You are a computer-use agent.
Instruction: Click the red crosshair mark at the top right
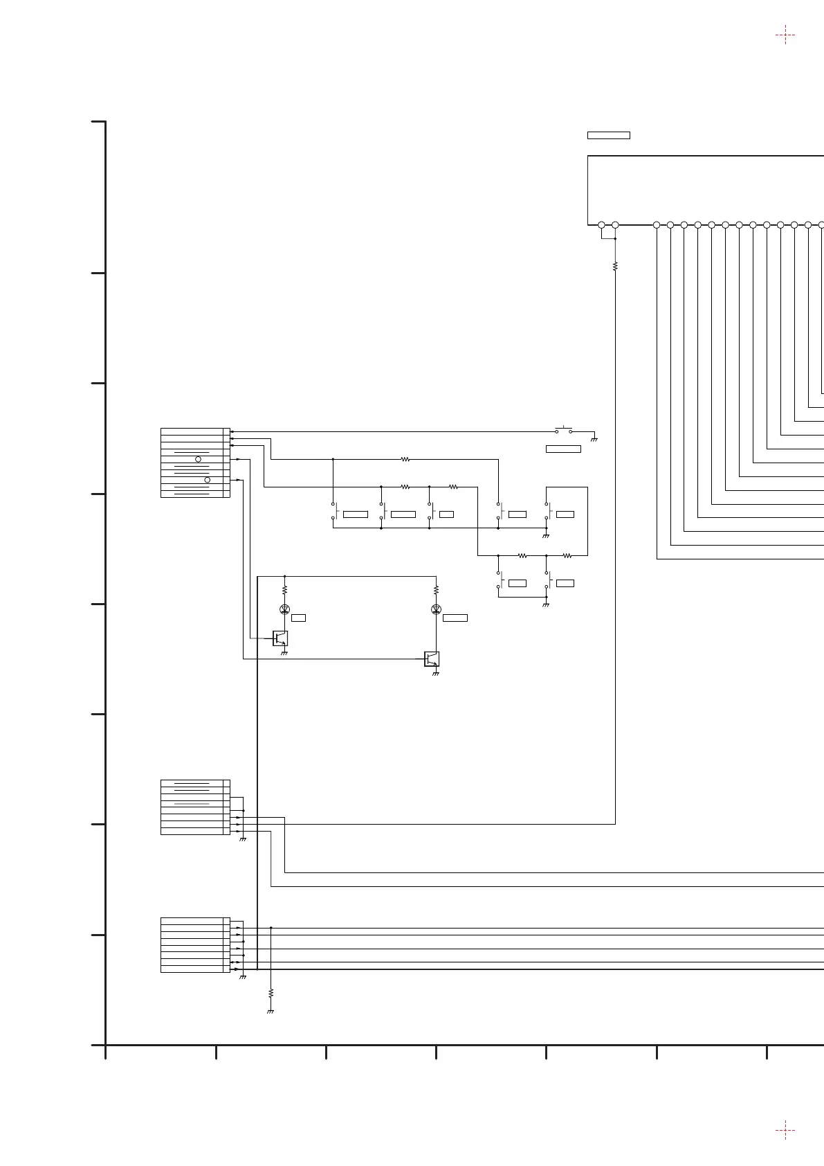click(785, 35)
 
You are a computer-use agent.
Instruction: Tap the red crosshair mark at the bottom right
click(785, 1130)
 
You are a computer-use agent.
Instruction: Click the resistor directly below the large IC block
click(615, 266)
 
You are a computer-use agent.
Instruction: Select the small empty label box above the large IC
click(608, 135)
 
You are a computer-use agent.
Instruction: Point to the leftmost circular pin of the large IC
click(601, 225)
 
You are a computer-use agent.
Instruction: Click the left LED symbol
click(284, 609)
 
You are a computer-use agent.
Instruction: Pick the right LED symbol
click(436, 609)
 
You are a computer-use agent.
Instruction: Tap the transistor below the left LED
click(280, 638)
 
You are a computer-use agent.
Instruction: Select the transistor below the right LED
click(432, 658)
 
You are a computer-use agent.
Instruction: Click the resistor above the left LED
click(284, 591)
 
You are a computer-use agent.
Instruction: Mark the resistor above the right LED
click(436, 591)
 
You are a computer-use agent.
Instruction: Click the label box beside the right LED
click(455, 618)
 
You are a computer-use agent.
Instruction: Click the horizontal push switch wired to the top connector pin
click(564, 431)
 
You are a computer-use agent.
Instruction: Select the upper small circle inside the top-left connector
click(198, 459)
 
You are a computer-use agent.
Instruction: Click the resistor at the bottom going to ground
click(271, 992)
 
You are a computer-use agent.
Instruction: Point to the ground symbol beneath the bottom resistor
click(271, 1012)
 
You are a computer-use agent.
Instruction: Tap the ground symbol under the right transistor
click(436, 674)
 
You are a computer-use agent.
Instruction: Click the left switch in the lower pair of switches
click(500, 580)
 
